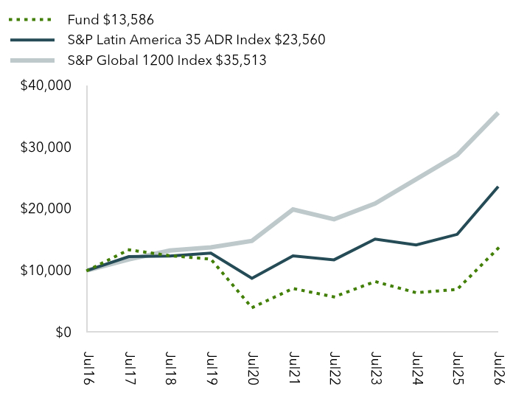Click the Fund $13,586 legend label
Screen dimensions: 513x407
(x=111, y=20)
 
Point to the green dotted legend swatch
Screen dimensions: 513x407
(x=30, y=20)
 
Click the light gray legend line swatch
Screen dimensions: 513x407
(x=32, y=60)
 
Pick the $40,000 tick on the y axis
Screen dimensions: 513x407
(x=46, y=85)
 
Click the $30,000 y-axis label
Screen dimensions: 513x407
(x=46, y=147)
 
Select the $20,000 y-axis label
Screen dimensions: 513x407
(x=46, y=208)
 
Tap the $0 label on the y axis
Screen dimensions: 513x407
(x=63, y=332)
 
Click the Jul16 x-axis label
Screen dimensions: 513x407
(x=88, y=368)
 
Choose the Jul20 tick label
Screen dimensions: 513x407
(x=253, y=368)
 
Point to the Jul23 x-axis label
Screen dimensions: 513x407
(x=376, y=368)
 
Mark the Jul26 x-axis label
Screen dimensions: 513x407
(x=499, y=368)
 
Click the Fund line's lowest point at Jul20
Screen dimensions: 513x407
(x=252, y=307)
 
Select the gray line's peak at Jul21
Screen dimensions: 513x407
(x=293, y=209)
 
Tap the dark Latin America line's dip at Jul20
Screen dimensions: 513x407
(x=252, y=279)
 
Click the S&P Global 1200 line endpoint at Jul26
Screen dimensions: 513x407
(x=498, y=114)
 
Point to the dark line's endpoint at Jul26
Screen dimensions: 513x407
(x=498, y=187)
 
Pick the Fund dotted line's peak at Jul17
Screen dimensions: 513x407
(x=129, y=250)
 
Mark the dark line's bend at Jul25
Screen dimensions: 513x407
(x=457, y=234)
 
